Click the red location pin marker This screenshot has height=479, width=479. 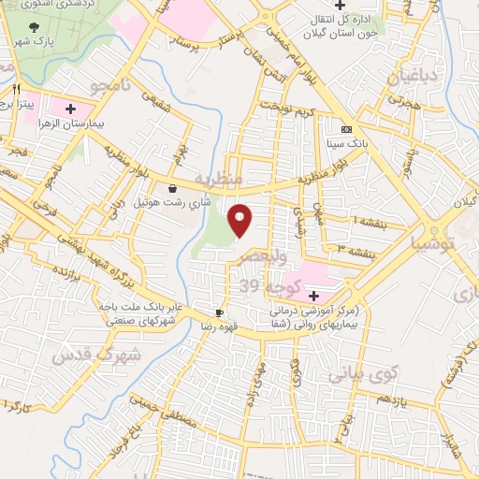(x=240, y=220)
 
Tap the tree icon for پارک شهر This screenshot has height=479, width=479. (x=36, y=27)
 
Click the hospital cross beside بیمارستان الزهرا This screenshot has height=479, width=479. (x=70, y=108)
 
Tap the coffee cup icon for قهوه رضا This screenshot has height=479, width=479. (x=219, y=312)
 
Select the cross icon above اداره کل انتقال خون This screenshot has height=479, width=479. (x=354, y=6)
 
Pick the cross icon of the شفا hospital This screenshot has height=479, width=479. (x=313, y=294)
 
